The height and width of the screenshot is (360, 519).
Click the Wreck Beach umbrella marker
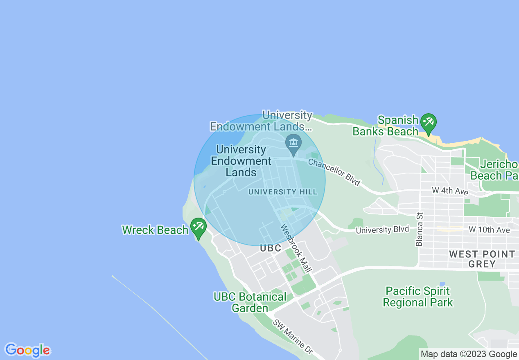pyautogui.click(x=199, y=227)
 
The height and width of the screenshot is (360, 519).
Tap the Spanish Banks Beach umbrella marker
pyautogui.click(x=429, y=123)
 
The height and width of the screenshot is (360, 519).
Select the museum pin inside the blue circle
pyautogui.click(x=293, y=143)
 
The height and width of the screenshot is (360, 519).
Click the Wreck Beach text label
pyautogui.click(x=155, y=230)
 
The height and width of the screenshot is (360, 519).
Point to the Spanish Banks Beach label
pyautogui.click(x=386, y=126)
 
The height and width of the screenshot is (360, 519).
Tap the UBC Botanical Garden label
pyautogui.click(x=250, y=302)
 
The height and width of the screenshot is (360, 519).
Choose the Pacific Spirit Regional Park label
pyautogui.click(x=418, y=297)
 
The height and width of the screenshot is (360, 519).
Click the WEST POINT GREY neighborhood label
pyautogui.click(x=482, y=259)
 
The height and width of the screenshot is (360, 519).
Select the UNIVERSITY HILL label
pyautogui.click(x=282, y=192)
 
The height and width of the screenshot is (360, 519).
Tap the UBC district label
pyautogui.click(x=271, y=248)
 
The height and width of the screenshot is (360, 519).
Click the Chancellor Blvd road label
pyautogui.click(x=334, y=172)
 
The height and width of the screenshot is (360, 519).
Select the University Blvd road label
pyautogui.click(x=382, y=230)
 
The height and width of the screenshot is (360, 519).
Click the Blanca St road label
pyautogui.click(x=419, y=229)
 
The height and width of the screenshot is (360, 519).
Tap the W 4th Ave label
pyautogui.click(x=450, y=191)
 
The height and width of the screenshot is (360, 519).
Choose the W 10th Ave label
pyautogui.click(x=489, y=230)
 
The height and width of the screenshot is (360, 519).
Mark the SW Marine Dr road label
pyautogui.click(x=293, y=337)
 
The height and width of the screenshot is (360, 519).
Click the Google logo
pyautogui.click(x=28, y=350)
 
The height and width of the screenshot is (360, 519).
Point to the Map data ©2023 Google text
pyautogui.click(x=469, y=354)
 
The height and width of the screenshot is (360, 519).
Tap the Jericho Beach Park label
pyautogui.click(x=494, y=170)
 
